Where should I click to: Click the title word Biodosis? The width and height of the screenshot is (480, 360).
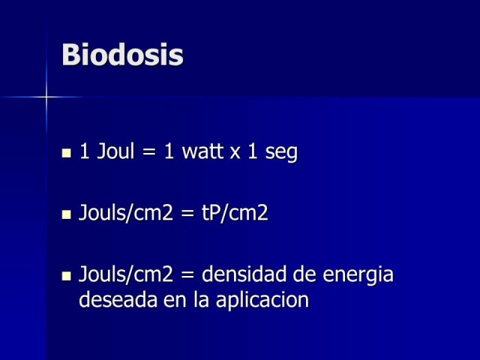122,55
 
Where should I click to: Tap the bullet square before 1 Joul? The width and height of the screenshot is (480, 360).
66,153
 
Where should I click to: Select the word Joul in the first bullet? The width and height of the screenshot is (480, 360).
115,151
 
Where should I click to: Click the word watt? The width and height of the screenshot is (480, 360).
202,151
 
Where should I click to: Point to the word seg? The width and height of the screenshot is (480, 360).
281,152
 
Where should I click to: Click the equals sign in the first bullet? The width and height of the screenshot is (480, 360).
149,151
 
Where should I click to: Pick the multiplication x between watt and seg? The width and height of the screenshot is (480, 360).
235,153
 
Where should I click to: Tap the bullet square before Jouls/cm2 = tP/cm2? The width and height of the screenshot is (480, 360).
66,214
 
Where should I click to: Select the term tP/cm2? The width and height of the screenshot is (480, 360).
235,213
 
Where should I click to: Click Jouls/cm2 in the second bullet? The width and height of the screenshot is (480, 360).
126,213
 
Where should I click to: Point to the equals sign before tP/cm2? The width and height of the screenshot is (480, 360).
187,213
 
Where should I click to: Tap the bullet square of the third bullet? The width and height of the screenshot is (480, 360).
66,276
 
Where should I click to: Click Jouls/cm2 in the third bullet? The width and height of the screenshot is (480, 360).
126,274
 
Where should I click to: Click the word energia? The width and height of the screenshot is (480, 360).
358,275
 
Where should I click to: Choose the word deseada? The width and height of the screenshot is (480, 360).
118,299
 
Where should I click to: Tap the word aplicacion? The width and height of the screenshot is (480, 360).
262,300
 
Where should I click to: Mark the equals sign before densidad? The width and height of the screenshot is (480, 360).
187,274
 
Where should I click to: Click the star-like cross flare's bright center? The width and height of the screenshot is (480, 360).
46,97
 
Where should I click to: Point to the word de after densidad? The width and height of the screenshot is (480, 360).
304,274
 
